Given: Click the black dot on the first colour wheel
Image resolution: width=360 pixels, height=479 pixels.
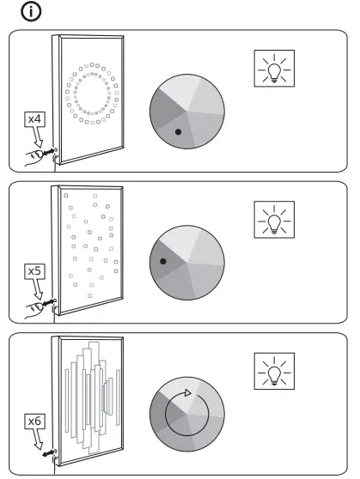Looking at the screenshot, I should point(177,132).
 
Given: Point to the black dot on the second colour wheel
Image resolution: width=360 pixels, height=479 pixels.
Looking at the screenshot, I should point(162,261).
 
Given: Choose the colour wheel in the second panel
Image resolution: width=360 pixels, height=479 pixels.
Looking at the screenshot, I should point(187,263).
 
